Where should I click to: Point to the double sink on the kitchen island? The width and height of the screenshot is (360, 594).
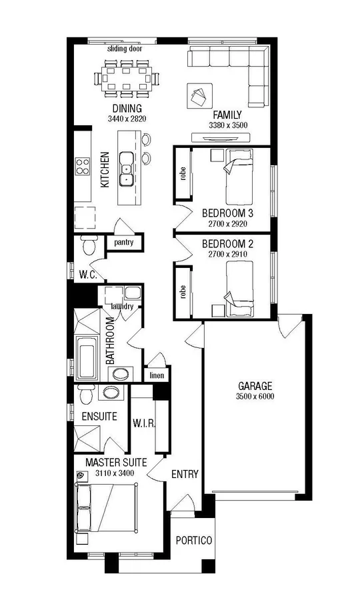127,169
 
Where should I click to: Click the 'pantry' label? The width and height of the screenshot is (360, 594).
124,243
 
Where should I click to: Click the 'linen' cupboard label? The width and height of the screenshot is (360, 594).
157,376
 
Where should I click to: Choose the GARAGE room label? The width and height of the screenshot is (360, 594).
255,386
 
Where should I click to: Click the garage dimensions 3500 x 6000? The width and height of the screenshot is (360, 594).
255,397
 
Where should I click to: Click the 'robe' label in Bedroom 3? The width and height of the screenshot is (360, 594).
182,173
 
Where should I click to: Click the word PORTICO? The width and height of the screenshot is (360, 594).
195,541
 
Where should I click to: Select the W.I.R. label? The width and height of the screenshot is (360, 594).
143,423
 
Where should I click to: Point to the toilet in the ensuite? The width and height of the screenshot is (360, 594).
85,395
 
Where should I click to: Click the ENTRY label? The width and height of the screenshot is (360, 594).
185,475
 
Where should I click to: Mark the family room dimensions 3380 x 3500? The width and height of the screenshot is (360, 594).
228,125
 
